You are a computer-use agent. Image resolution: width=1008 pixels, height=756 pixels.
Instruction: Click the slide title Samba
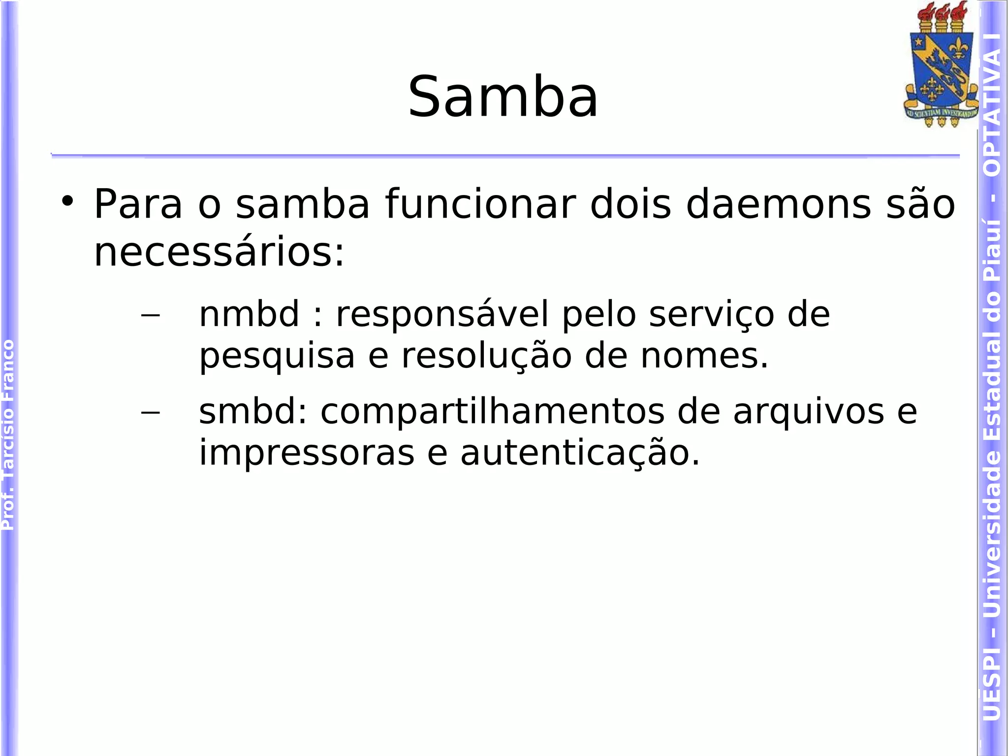[503, 97]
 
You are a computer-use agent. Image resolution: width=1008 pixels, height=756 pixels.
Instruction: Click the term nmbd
[249, 314]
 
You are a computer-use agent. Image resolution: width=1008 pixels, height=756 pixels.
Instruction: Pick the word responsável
[441, 314]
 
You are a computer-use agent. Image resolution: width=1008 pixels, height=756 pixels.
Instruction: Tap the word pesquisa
[277, 356]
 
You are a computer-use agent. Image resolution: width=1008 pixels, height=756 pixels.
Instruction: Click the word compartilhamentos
[492, 412]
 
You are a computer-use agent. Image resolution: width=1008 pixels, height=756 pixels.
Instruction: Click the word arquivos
[808, 412]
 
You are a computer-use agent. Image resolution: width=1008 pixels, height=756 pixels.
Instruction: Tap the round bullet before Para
[67, 201]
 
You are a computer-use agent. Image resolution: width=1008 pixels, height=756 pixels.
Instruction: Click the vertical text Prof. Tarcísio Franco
[8, 434]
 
